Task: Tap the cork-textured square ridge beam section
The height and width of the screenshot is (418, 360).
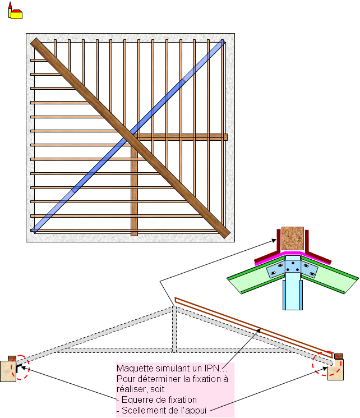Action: (x=292, y=238)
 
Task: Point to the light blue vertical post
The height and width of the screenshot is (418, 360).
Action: (x=292, y=295)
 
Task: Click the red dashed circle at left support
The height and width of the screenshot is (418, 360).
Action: (x=21, y=366)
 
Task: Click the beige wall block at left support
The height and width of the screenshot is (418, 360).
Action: (x=8, y=371)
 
